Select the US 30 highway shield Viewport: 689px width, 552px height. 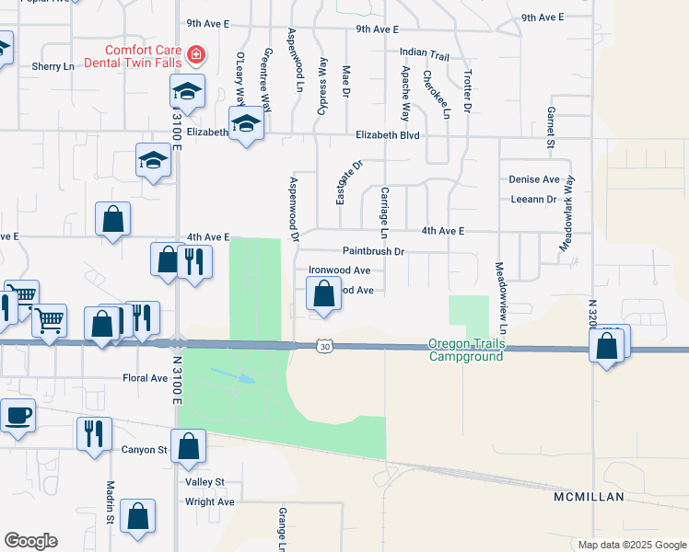point(322,346)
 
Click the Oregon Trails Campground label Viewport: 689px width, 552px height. point(466,351)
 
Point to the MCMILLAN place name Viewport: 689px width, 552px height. point(590,497)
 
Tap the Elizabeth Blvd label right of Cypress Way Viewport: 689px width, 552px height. point(388,135)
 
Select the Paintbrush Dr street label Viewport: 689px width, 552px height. point(373,250)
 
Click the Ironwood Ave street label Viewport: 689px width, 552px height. point(339,270)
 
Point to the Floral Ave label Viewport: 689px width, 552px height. point(145,378)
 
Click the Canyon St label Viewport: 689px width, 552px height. point(144,450)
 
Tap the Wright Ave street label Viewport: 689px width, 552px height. point(210,501)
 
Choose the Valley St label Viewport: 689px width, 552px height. point(204,482)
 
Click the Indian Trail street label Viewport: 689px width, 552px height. point(425,55)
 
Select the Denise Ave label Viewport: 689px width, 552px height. point(534,179)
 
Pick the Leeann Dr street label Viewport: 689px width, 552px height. point(533,199)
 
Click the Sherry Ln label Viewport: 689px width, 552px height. point(53,66)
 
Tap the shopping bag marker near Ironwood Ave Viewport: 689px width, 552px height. point(323,295)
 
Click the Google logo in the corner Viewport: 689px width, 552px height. point(30,541)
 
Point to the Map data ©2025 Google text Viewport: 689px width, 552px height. point(631,544)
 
